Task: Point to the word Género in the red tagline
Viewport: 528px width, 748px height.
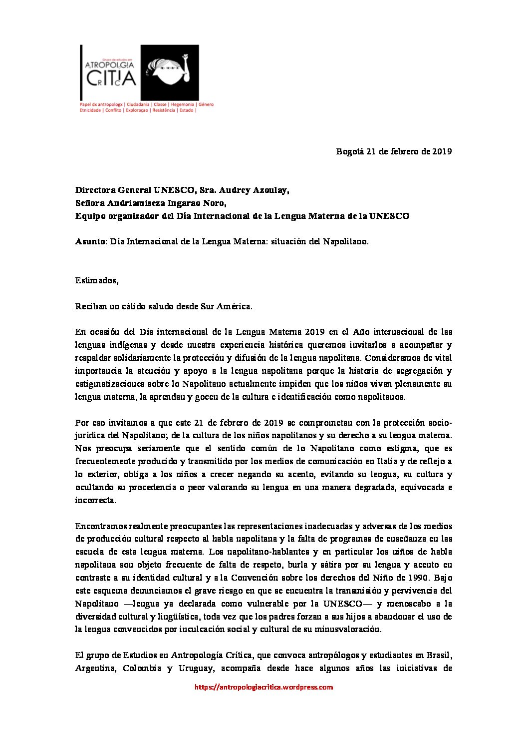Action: [206, 105]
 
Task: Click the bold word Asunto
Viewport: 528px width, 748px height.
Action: [90, 241]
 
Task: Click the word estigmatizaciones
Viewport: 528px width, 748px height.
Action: [111, 384]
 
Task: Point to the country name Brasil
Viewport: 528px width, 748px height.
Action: [440, 656]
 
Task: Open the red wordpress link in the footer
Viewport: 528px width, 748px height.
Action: [264, 688]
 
